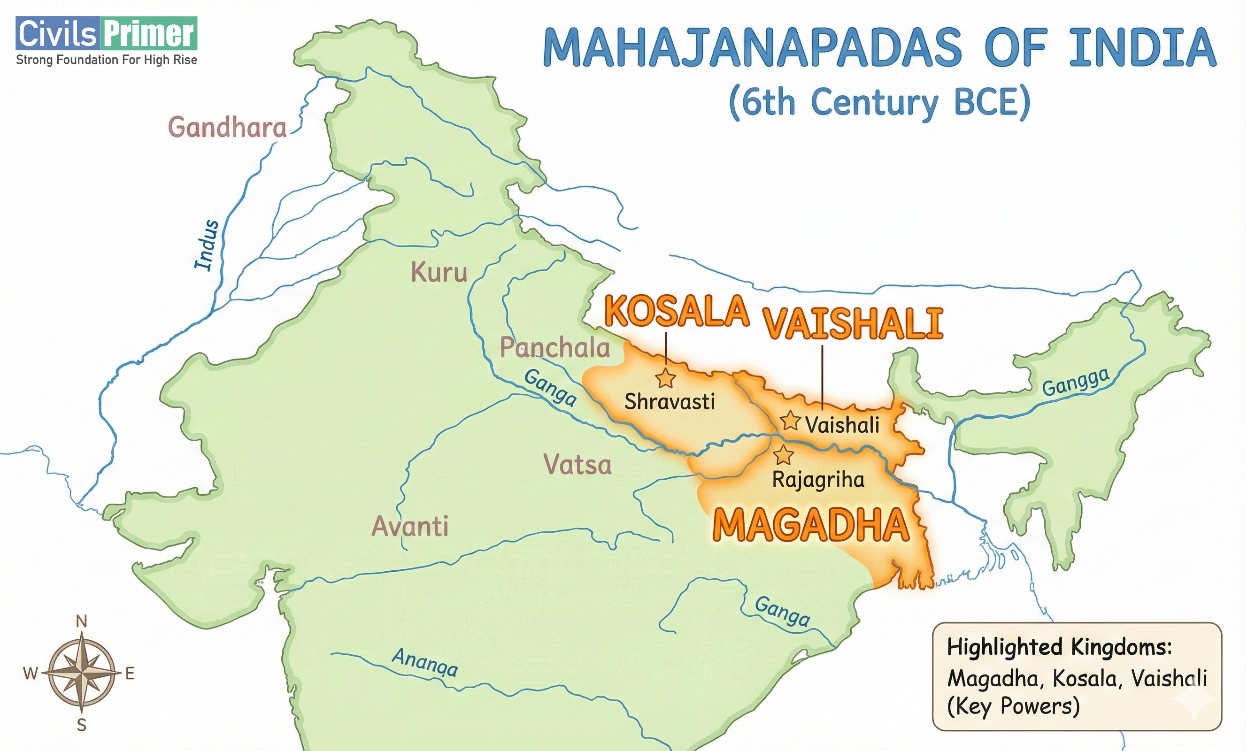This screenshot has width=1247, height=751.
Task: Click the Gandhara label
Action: pyautogui.click(x=227, y=127)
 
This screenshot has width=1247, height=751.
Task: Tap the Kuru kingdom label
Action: pyautogui.click(x=439, y=272)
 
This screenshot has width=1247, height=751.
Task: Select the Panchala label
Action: pyautogui.click(x=555, y=348)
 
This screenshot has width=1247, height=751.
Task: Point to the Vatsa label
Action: pyautogui.click(x=577, y=465)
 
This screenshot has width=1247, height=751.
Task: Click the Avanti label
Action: pyautogui.click(x=410, y=526)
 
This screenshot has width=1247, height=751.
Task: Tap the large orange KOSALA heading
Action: pyautogui.click(x=677, y=311)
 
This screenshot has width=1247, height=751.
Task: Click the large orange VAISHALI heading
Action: pyautogui.click(x=853, y=323)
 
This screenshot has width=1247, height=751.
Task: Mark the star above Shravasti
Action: pyautogui.click(x=665, y=378)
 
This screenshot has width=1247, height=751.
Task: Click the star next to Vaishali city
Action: pyautogui.click(x=790, y=421)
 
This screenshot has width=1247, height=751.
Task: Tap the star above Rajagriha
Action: pyautogui.click(x=784, y=455)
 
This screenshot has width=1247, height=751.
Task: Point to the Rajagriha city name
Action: pyautogui.click(x=818, y=480)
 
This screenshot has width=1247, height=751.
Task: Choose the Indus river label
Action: pyautogui.click(x=207, y=245)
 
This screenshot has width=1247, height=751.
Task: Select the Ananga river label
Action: pyautogui.click(x=425, y=662)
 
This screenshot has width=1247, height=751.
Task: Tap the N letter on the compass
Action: pyautogui.click(x=82, y=621)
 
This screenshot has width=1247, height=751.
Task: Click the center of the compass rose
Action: pyautogui.click(x=82, y=674)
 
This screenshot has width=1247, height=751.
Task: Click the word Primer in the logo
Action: pyautogui.click(x=149, y=33)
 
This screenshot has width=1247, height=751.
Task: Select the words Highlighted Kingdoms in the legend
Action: pyautogui.click(x=1059, y=647)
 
